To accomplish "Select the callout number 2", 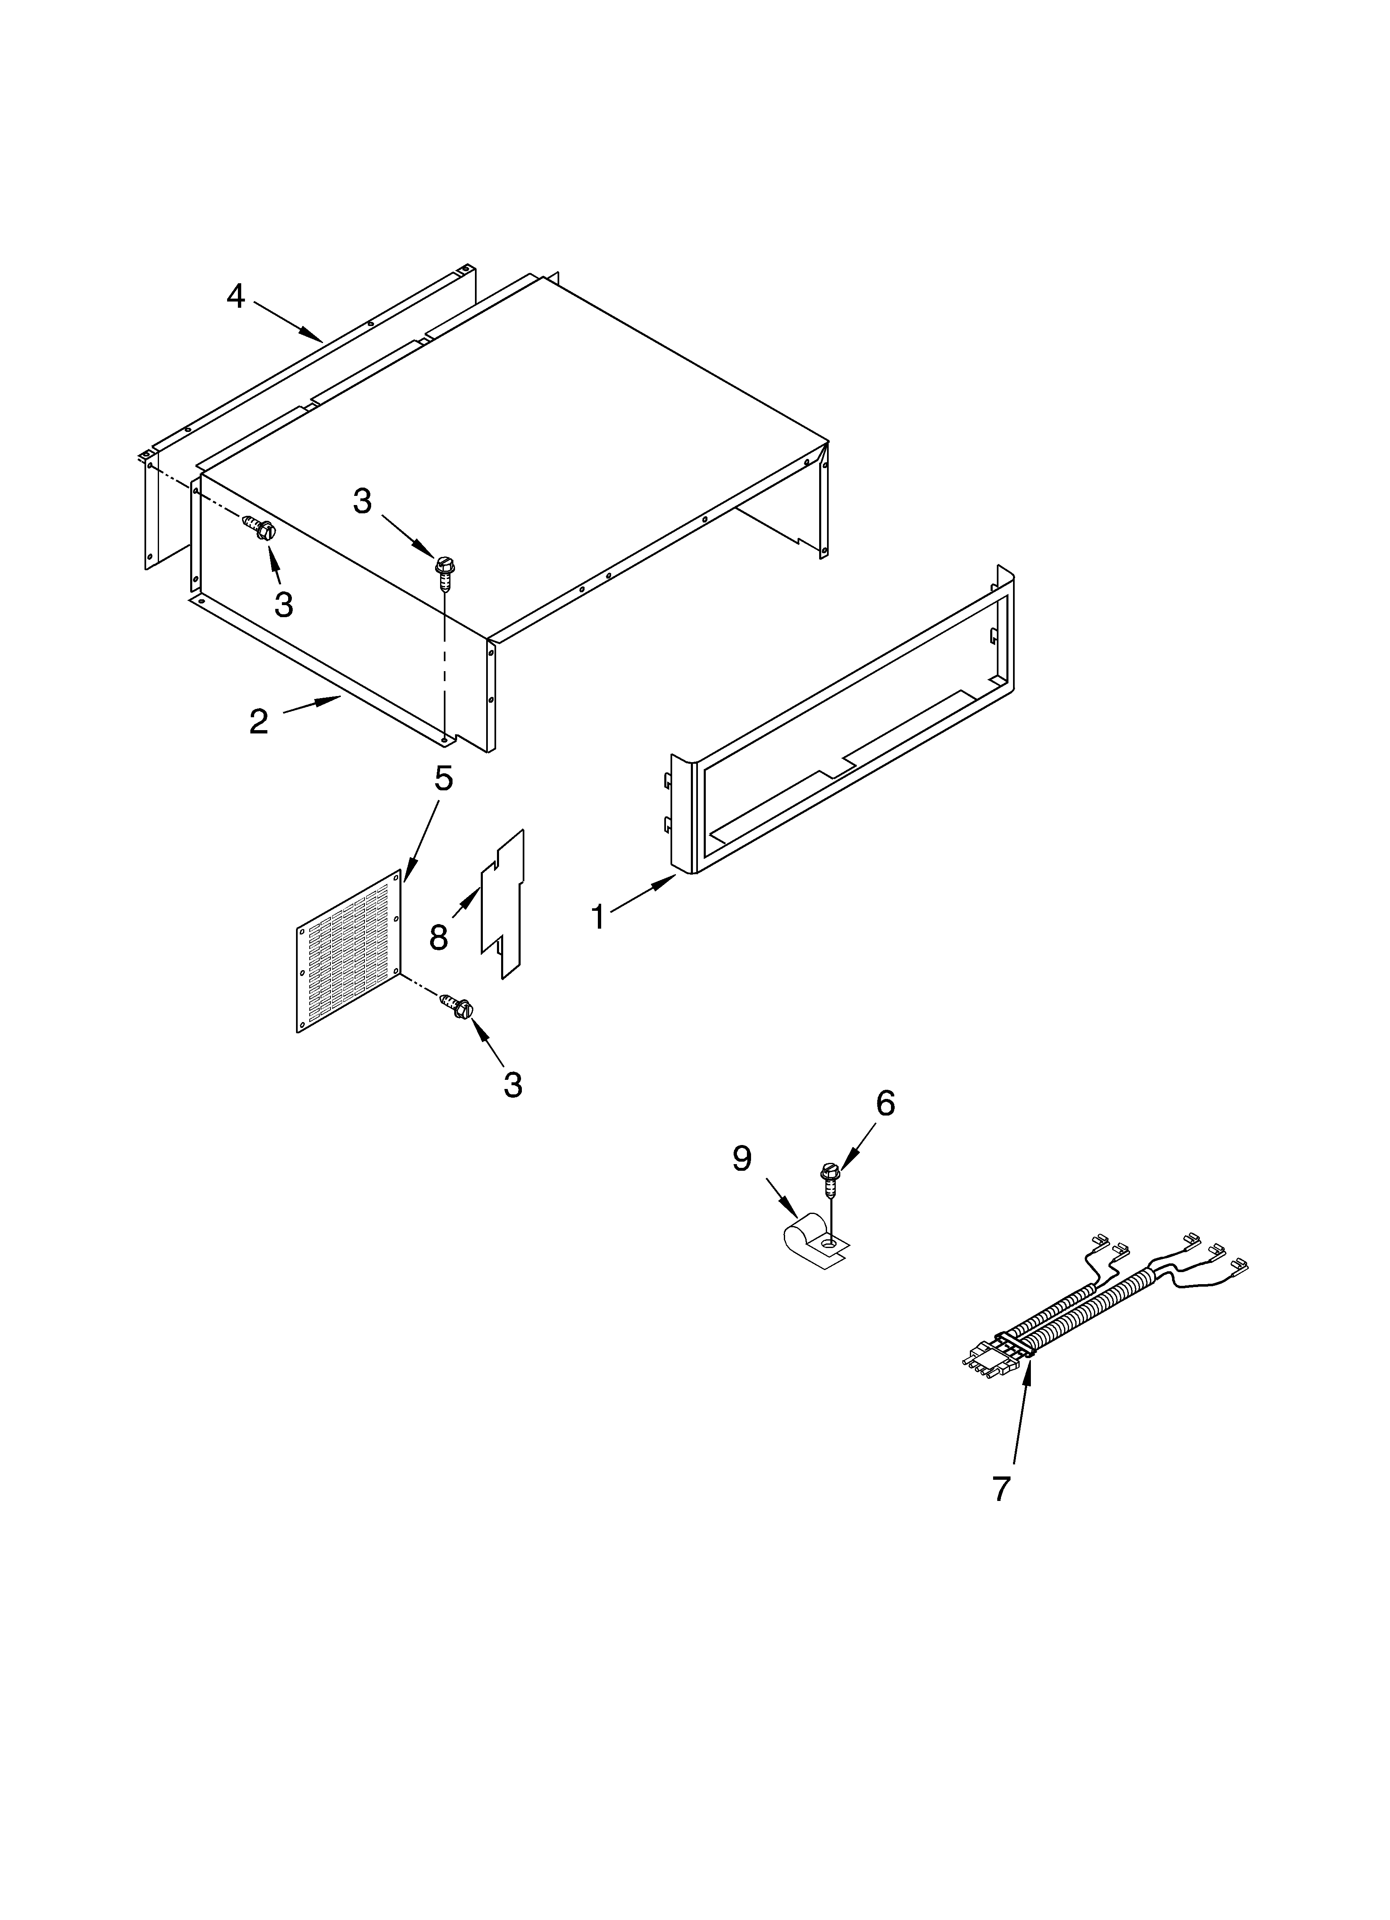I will (258, 721).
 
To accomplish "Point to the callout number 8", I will (438, 937).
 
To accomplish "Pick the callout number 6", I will (885, 1103).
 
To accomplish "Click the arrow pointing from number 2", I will (311, 704).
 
